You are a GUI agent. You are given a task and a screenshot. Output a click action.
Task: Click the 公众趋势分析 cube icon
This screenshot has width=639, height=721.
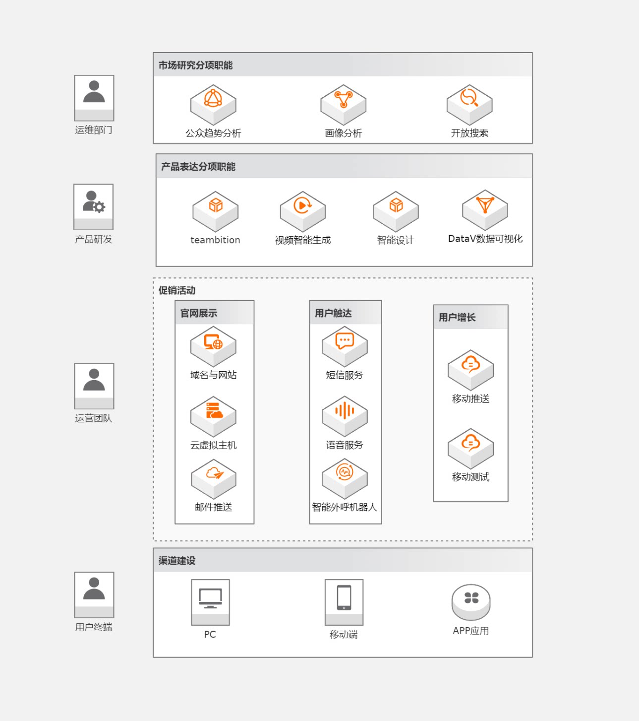pyautogui.click(x=213, y=105)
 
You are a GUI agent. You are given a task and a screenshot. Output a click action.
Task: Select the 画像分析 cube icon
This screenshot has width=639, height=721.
pyautogui.click(x=343, y=105)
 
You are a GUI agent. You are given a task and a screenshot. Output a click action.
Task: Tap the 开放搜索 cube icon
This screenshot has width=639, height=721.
pyautogui.click(x=469, y=105)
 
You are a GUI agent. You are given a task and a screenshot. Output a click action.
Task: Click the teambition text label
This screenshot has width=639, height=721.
pyautogui.click(x=215, y=240)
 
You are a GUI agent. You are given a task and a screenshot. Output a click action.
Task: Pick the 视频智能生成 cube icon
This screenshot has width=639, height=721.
pyautogui.click(x=302, y=211)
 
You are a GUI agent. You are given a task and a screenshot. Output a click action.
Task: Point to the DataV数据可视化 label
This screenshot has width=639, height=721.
pyautogui.click(x=485, y=239)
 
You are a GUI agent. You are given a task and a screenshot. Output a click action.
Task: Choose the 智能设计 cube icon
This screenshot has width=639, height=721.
pyautogui.click(x=396, y=211)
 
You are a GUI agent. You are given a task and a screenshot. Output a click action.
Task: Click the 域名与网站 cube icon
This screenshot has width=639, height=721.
pyautogui.click(x=213, y=346)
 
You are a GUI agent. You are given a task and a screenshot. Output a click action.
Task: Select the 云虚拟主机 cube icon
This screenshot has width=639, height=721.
pyautogui.click(x=213, y=416)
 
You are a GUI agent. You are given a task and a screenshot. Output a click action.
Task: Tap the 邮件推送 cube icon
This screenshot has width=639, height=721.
pyautogui.click(x=213, y=479)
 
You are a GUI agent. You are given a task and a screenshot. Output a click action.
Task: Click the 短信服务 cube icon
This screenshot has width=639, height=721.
pyautogui.click(x=345, y=346)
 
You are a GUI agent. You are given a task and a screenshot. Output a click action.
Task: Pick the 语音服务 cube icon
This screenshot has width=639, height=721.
pyautogui.click(x=345, y=416)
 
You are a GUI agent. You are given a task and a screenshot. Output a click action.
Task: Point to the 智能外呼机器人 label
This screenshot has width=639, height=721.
pyautogui.click(x=344, y=507)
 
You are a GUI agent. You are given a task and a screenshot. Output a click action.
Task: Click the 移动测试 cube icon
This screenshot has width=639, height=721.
pyautogui.click(x=470, y=449)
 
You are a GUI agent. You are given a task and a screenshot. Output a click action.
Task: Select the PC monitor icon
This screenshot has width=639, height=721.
pyautogui.click(x=210, y=602)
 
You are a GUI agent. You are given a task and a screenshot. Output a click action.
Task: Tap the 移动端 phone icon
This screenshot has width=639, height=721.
pyautogui.click(x=344, y=602)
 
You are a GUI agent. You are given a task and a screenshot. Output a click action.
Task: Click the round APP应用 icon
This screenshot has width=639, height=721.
pyautogui.click(x=471, y=602)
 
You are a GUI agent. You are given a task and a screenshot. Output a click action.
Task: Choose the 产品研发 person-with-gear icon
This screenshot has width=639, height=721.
pyautogui.click(x=94, y=207)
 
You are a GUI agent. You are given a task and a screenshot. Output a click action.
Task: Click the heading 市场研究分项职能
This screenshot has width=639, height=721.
pyautogui.click(x=195, y=65)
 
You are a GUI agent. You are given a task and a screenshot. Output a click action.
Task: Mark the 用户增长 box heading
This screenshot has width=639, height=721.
pyautogui.click(x=457, y=317)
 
